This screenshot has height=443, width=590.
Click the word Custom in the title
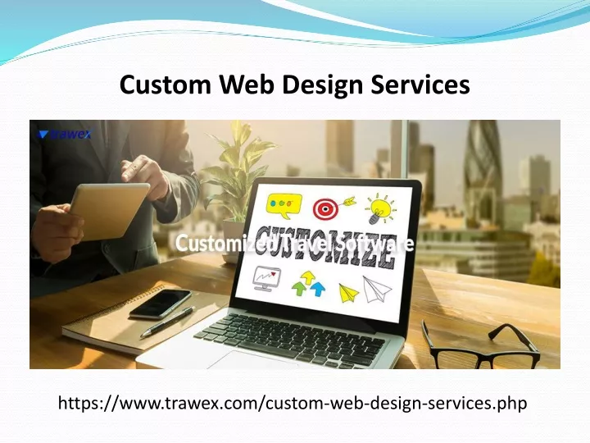click(x=166, y=84)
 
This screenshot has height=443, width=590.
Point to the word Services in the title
click(x=420, y=84)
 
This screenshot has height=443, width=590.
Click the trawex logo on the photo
click(x=65, y=134)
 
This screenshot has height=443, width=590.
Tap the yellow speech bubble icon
click(x=284, y=206)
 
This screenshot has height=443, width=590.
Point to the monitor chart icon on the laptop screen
click(x=267, y=278)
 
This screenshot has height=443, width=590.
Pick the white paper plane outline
click(x=376, y=289)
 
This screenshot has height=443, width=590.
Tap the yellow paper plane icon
click(x=349, y=293)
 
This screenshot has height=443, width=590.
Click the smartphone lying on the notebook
click(x=161, y=304)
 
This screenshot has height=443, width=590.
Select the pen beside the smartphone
click(x=168, y=322)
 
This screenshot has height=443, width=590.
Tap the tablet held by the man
click(x=110, y=211)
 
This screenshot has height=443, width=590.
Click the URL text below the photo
click(x=293, y=403)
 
